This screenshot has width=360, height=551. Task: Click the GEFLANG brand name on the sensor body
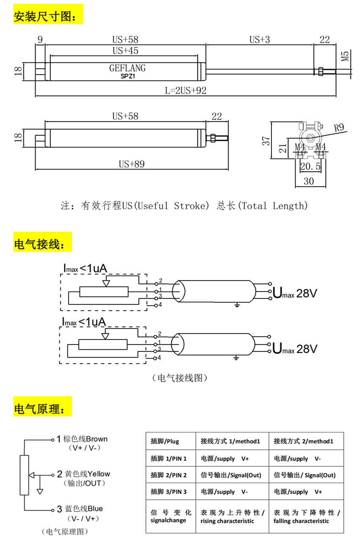click(x=127, y=68)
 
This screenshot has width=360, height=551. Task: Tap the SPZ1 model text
click(x=128, y=76)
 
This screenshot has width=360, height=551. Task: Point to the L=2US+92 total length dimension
click(x=186, y=91)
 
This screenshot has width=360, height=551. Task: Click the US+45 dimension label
click(x=125, y=51)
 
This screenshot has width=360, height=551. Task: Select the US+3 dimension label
click(x=260, y=39)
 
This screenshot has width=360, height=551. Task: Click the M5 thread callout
click(x=345, y=56)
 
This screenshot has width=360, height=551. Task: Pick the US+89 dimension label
click(x=132, y=164)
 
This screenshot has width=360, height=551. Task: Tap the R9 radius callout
click(x=339, y=128)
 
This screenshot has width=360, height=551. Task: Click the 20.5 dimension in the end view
click(x=310, y=167)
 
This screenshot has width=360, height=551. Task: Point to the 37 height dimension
click(x=266, y=141)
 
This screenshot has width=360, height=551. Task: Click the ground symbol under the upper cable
click(x=237, y=305)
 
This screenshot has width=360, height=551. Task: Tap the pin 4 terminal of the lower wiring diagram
click(x=155, y=358)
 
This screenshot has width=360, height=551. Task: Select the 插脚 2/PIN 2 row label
click(x=169, y=475)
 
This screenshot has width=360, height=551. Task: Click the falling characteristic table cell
click(x=307, y=516)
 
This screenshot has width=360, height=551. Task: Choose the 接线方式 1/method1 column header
click(x=230, y=441)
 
